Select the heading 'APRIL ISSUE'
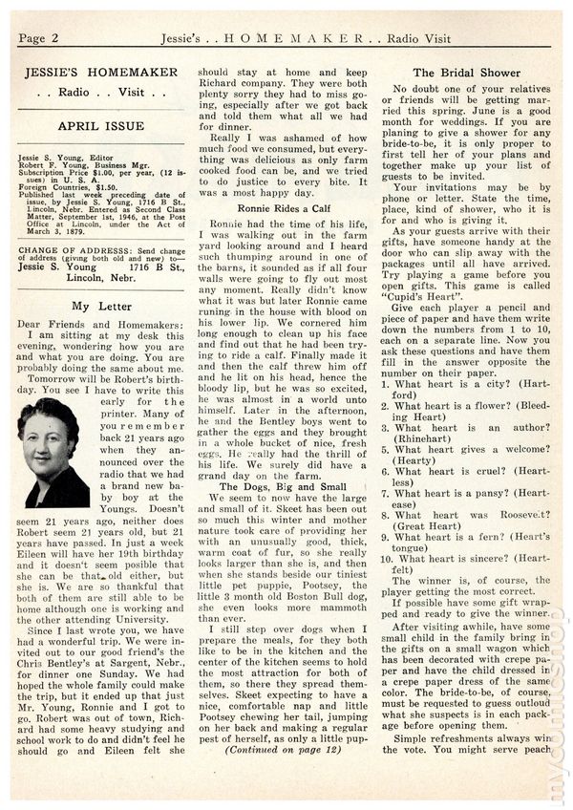point(100,125)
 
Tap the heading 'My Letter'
point(100,305)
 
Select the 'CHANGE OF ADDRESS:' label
point(57,247)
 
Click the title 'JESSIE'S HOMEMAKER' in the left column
point(100,73)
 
